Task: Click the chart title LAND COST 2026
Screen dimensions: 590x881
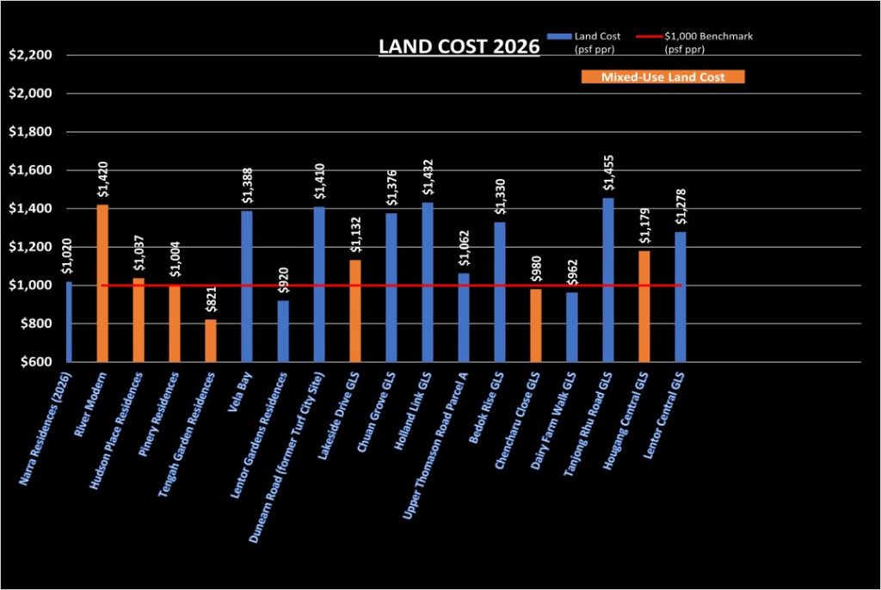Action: (459, 48)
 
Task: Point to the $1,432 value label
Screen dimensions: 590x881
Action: (428, 177)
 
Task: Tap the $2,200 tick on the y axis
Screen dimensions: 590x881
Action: (29, 55)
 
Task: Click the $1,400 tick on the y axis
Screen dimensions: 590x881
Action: (29, 209)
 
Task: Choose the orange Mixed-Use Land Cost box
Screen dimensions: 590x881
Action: (662, 77)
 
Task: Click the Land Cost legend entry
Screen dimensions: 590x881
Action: (593, 41)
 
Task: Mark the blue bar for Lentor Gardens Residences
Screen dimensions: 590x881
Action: (283, 331)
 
